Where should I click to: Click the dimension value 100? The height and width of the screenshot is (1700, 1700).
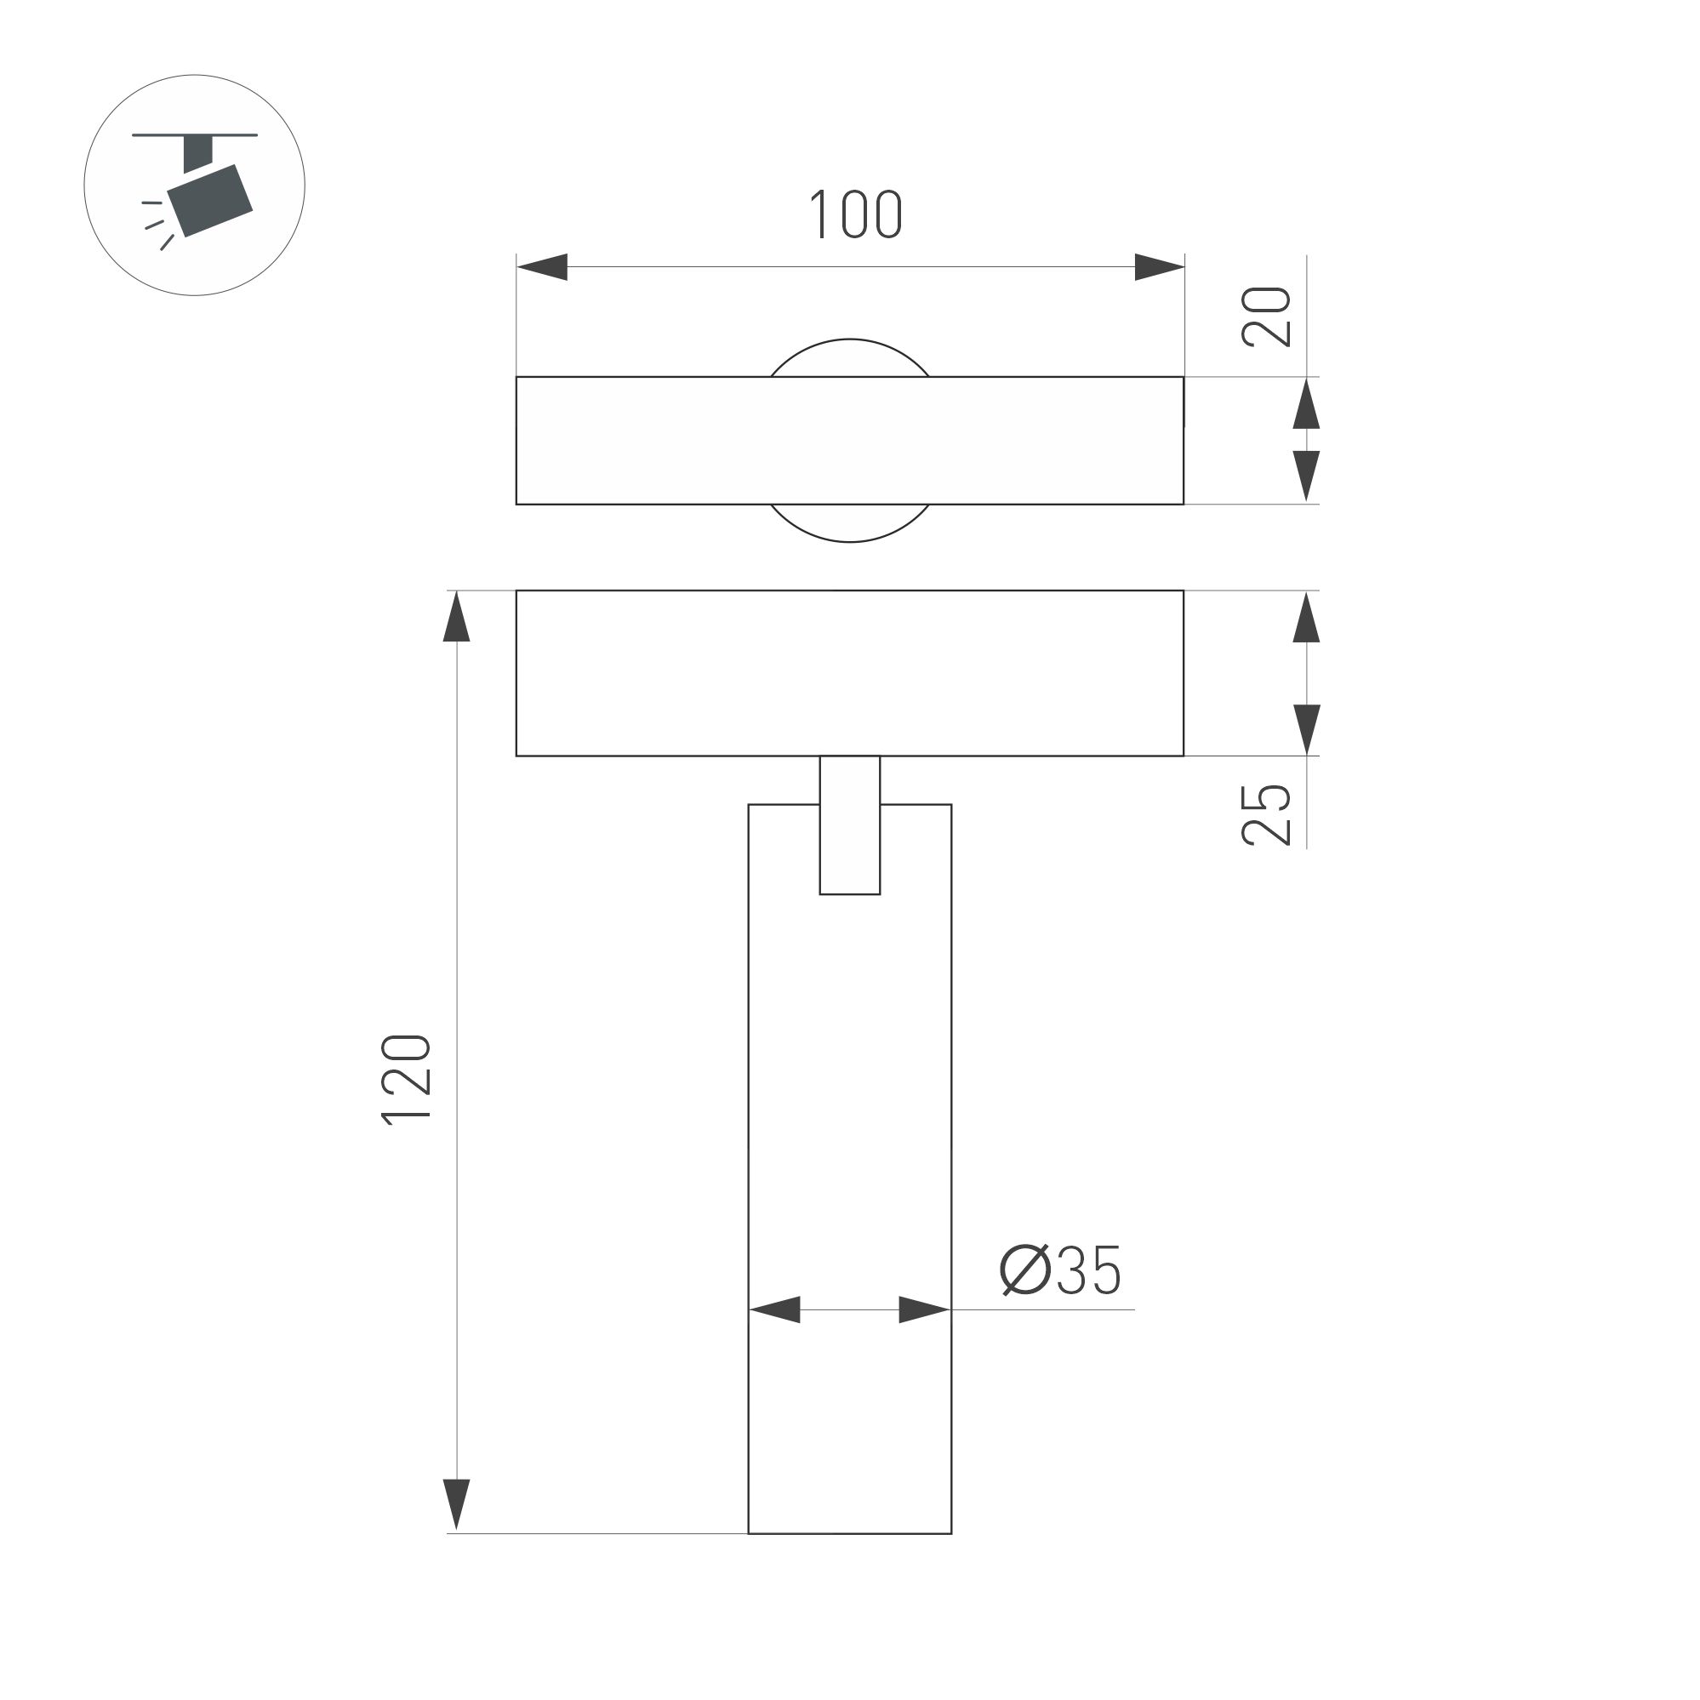point(855,214)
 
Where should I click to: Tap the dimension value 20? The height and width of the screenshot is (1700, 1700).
point(1266,317)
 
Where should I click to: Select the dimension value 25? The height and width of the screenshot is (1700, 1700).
point(1266,815)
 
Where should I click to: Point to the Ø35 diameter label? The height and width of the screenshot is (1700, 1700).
point(1060,1269)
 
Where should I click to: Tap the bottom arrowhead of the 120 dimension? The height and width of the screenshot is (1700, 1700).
point(457,1503)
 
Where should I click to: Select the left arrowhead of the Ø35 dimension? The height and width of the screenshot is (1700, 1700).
point(775,1309)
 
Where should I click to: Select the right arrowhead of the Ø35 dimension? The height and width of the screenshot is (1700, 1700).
point(924,1309)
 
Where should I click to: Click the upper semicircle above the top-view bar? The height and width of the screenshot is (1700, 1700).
point(850,357)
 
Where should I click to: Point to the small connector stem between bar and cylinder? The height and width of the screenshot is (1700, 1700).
point(850,824)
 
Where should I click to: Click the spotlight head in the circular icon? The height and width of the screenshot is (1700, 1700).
point(211,200)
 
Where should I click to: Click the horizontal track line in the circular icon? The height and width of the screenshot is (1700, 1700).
point(195,134)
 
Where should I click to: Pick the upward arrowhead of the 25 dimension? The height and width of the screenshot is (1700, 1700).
point(1307,617)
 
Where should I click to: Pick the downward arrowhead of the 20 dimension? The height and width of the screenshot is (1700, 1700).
point(1307,476)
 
